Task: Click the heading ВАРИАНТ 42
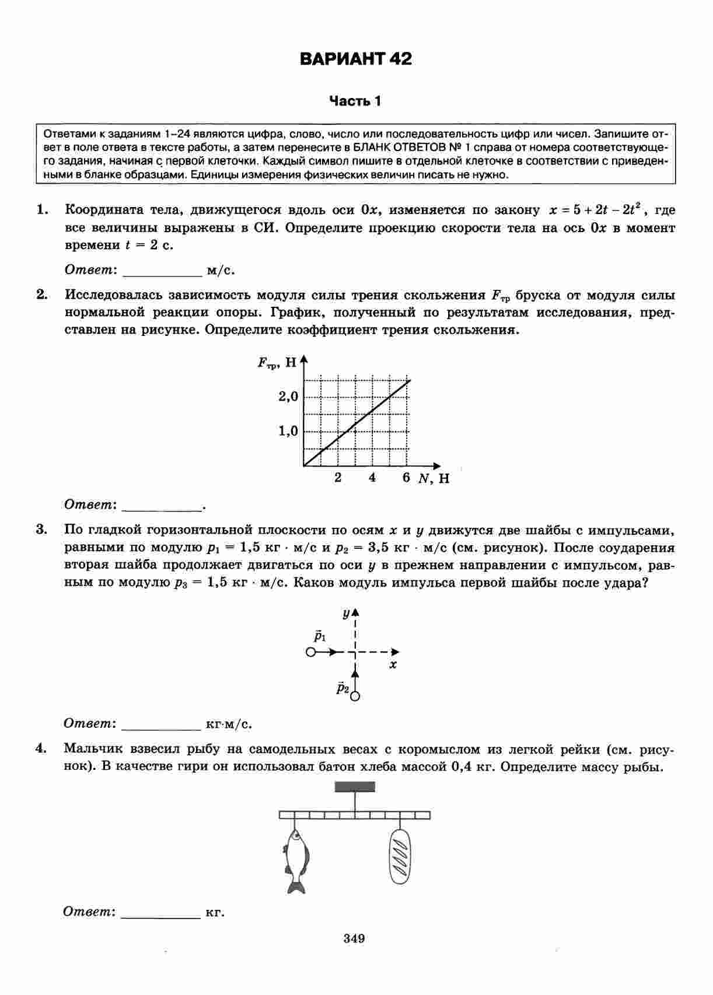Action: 355,59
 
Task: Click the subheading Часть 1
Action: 355,101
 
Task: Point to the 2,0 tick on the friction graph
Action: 288,397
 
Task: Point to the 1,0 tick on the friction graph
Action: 288,432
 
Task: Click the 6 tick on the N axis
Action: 407,478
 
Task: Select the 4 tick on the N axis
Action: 372,478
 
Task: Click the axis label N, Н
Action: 434,479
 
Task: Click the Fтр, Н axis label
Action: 278,363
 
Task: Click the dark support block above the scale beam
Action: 355,787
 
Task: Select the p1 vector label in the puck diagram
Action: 320,635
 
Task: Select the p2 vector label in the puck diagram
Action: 342,688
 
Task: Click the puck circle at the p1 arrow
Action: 311,652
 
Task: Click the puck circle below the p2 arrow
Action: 355,696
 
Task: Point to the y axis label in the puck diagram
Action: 346,614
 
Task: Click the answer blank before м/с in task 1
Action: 162,271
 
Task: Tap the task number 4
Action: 41,748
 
